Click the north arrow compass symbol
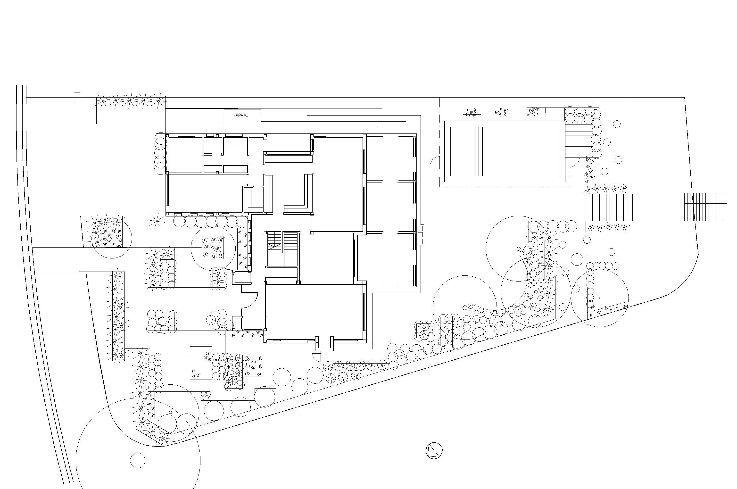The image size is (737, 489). pos(434,450)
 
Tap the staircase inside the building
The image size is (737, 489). pos(283,249)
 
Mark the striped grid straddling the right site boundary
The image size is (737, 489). pos(705,207)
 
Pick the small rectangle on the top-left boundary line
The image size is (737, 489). pos(77,97)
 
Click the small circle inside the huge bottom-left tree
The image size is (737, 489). pos(138,460)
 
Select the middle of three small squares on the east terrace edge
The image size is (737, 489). pos(420,234)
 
